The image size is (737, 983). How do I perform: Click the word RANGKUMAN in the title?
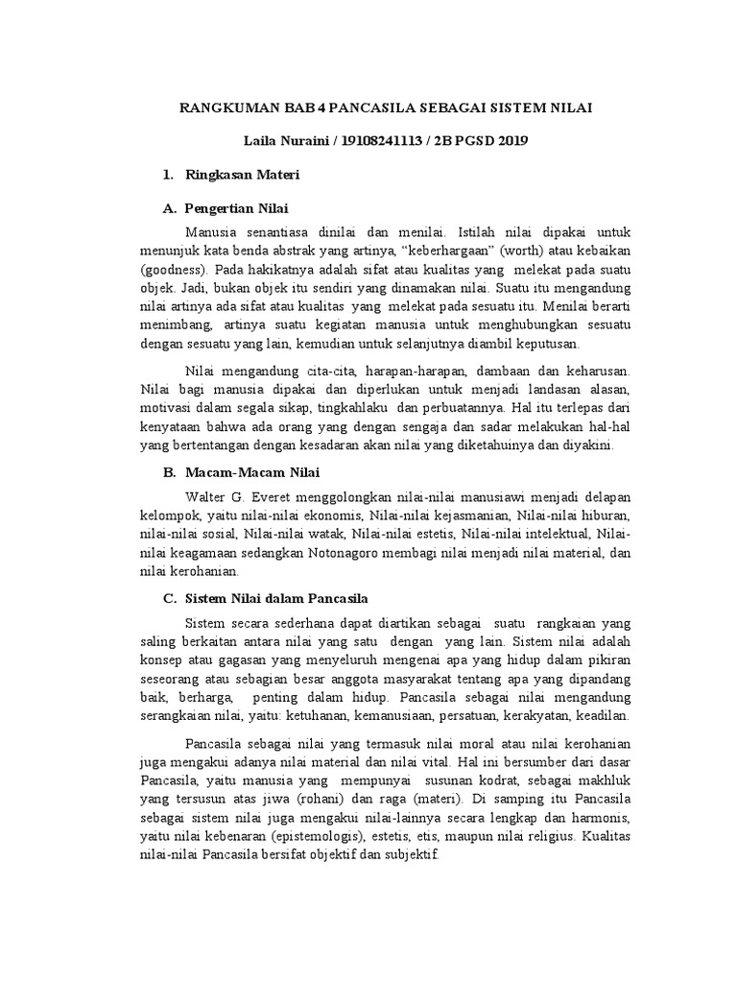[x=224, y=108]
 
